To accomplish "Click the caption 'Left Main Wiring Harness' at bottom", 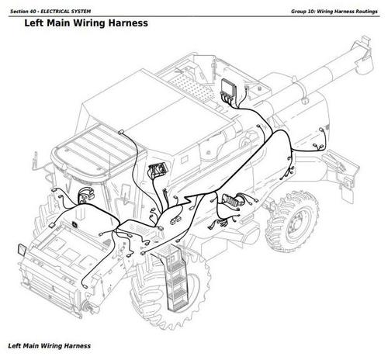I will pyautogui.click(x=48, y=344).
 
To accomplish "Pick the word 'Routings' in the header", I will pyautogui.click(x=364, y=7).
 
